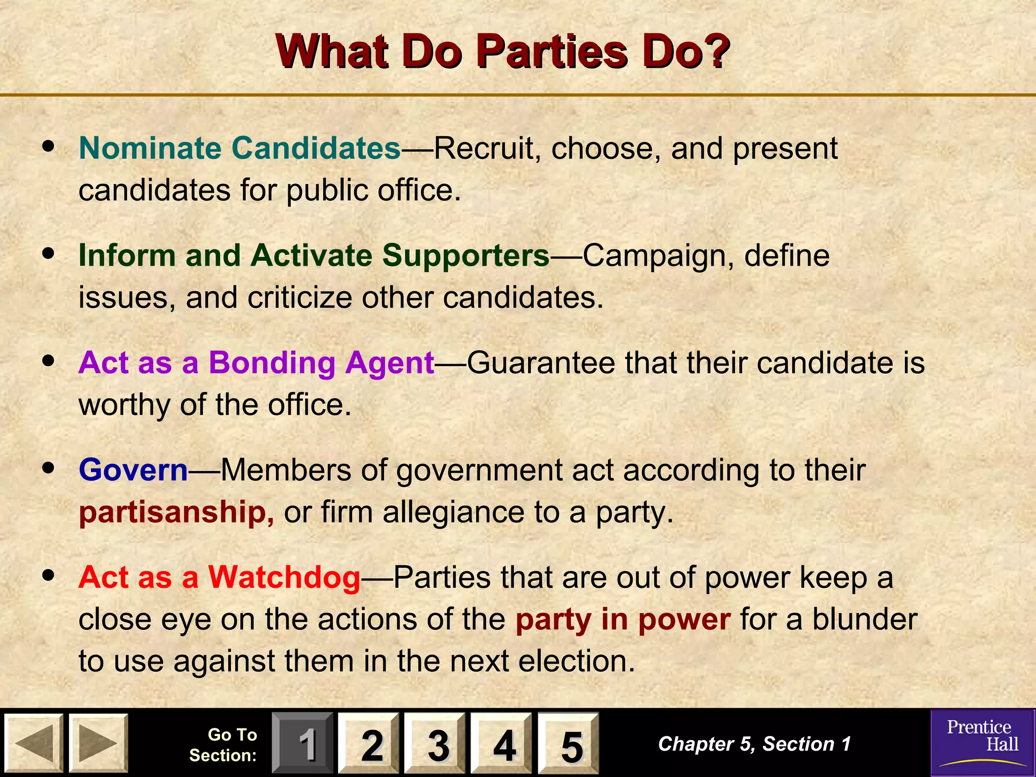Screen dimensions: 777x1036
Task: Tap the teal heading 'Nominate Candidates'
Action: (x=240, y=148)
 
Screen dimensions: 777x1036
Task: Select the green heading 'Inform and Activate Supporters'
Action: (x=314, y=255)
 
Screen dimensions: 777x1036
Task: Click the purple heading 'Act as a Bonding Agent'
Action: (x=256, y=363)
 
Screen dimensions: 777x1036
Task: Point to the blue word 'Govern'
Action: (x=134, y=470)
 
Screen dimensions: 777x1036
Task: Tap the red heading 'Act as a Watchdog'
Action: (x=220, y=577)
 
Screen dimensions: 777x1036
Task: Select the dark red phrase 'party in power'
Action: (x=623, y=619)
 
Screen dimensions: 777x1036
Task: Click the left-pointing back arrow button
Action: (x=34, y=743)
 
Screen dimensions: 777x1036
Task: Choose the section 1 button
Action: (x=303, y=743)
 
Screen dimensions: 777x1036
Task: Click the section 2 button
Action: (x=369, y=743)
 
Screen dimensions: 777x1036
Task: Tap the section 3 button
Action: (x=435, y=743)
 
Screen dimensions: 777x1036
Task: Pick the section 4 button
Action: (x=501, y=743)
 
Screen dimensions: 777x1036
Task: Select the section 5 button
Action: (x=568, y=743)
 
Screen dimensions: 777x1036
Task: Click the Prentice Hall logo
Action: (x=982, y=742)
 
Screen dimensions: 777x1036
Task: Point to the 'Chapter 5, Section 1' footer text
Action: (x=754, y=744)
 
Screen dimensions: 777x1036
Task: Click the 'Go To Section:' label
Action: (x=224, y=745)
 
